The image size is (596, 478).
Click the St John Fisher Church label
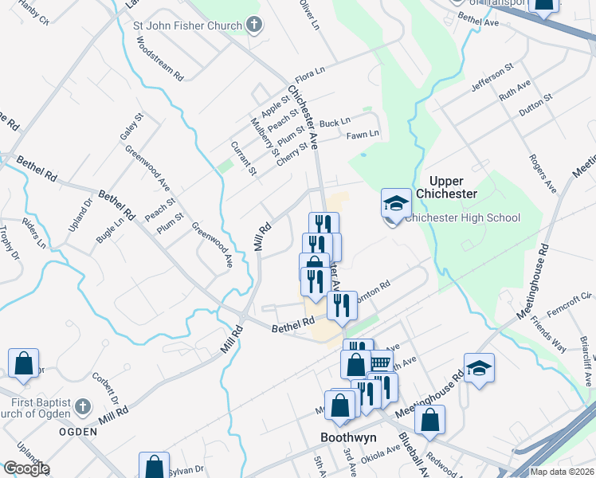tap(186, 26)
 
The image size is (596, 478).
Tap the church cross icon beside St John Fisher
tap(254, 26)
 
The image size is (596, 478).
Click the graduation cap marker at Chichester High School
tap(396, 205)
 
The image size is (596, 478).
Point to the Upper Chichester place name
tap(453, 187)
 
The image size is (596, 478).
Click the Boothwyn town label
tap(347, 437)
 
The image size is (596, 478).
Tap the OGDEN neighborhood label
tap(78, 432)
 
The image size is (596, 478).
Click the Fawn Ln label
tap(363, 134)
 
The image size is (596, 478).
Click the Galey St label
tap(131, 127)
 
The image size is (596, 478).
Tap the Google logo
tap(25, 469)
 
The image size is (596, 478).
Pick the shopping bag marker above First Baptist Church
tap(24, 363)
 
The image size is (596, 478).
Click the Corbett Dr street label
tap(106, 390)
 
